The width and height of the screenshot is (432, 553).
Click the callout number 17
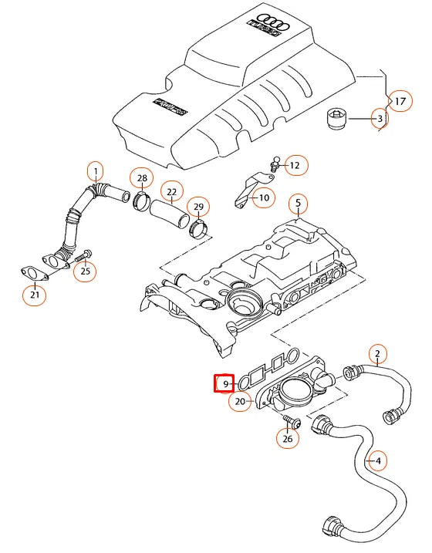click(x=400, y=102)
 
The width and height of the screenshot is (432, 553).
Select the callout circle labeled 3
click(x=379, y=119)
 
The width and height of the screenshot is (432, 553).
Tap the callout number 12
click(x=296, y=165)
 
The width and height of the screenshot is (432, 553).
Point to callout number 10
click(x=262, y=198)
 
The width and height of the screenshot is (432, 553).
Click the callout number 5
click(x=298, y=204)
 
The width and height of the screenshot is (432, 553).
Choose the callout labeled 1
click(x=96, y=170)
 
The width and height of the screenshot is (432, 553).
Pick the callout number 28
click(x=141, y=179)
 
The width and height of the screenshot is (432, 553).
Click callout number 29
click(x=199, y=207)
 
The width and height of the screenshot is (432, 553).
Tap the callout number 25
click(x=86, y=270)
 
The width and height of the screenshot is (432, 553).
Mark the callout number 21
click(x=35, y=295)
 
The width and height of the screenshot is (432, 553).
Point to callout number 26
click(x=288, y=439)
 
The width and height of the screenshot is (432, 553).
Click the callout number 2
click(x=376, y=355)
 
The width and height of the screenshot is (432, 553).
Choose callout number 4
click(x=376, y=462)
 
